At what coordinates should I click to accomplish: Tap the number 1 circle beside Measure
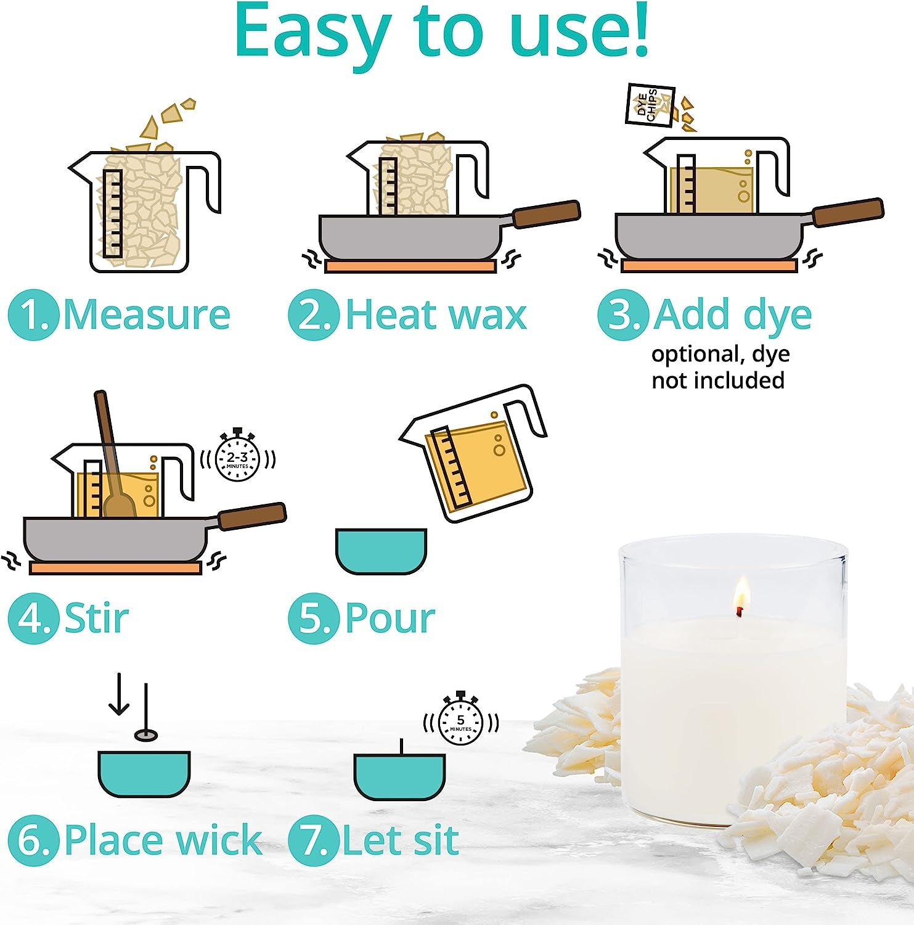(x=33, y=315)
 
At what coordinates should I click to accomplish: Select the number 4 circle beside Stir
(x=33, y=619)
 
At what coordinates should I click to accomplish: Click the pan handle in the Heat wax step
(x=545, y=213)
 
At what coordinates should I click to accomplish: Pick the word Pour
(x=390, y=618)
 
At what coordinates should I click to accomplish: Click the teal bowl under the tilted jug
(x=381, y=551)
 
